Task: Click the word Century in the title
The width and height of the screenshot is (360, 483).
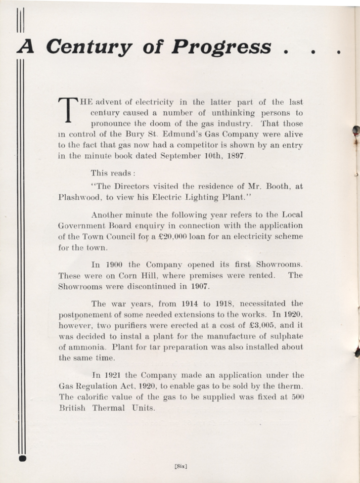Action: [x=89, y=47]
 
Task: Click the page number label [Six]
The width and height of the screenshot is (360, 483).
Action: [x=180, y=465]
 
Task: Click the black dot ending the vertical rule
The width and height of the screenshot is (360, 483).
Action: [x=21, y=459]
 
